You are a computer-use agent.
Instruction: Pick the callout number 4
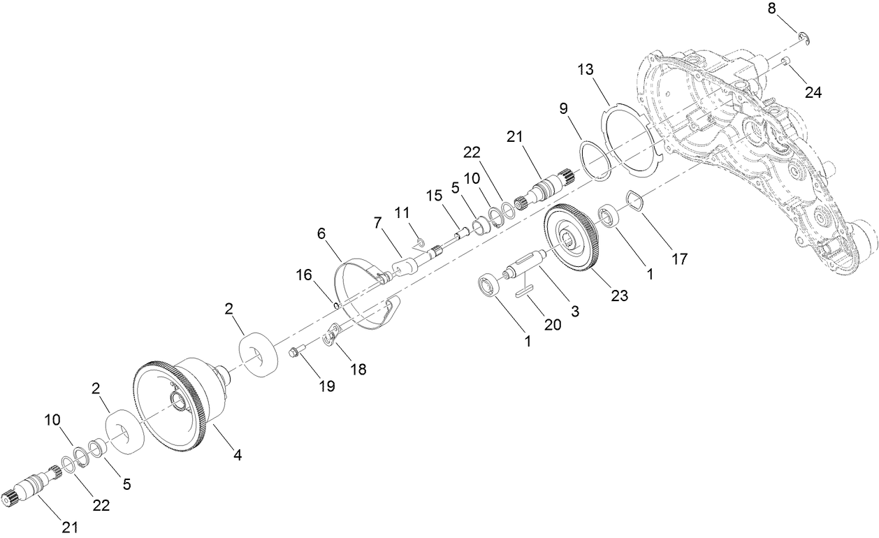pos(238,454)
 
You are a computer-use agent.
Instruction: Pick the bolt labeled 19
pos(297,353)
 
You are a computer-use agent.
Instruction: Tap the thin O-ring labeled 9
pos(595,161)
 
